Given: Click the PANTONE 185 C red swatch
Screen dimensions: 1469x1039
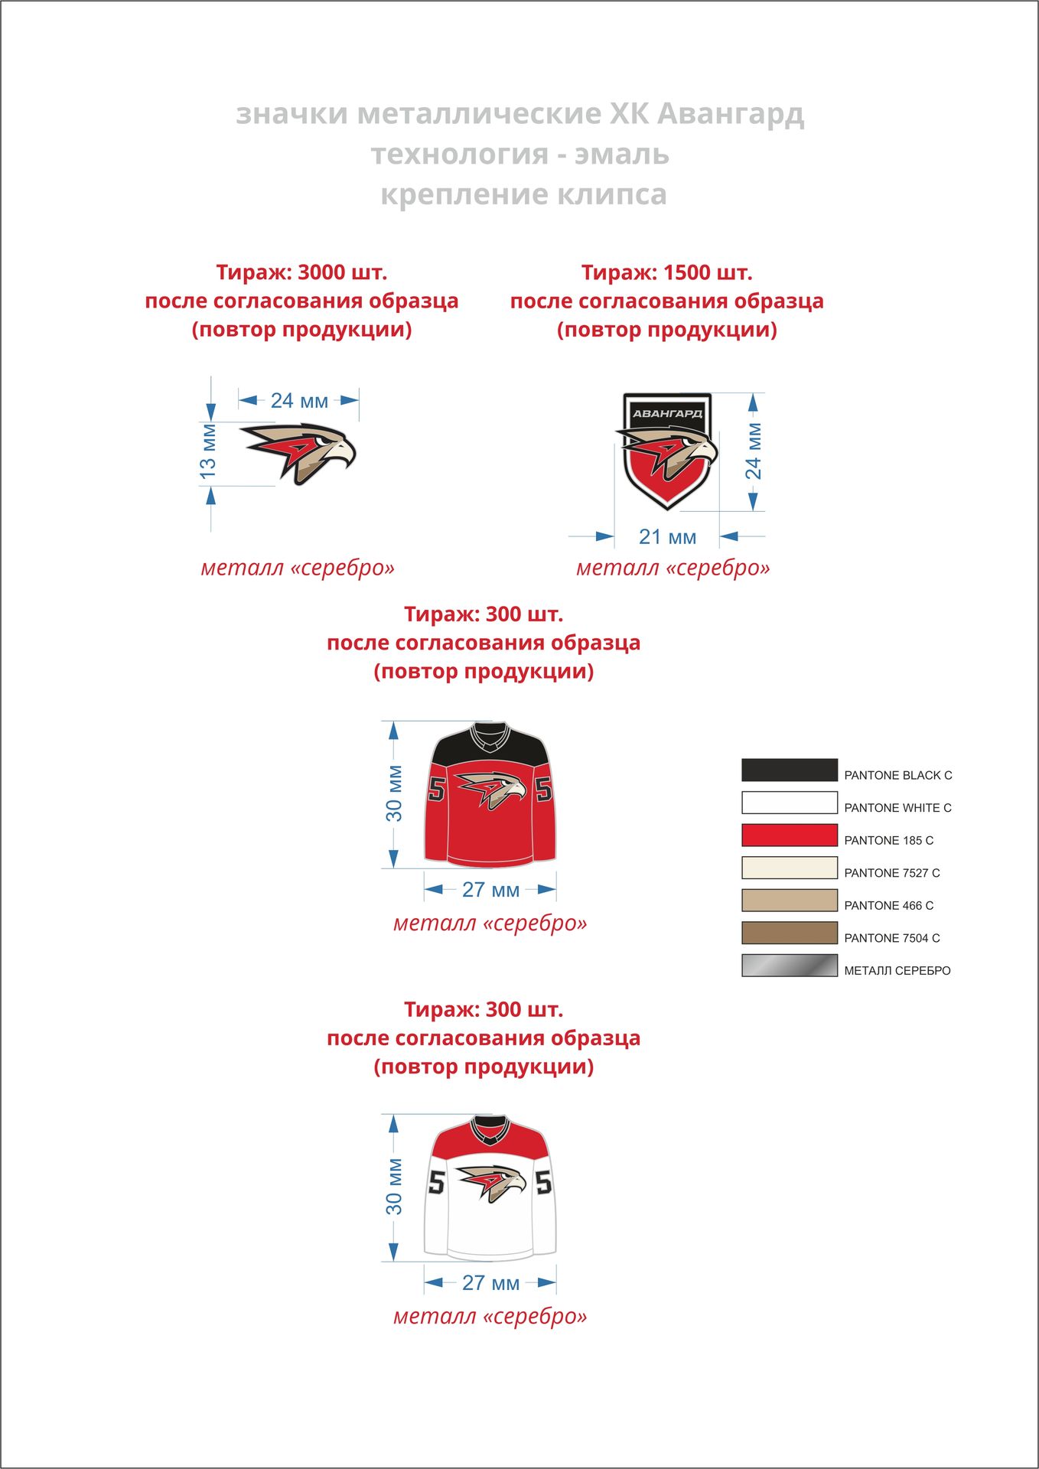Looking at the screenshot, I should pyautogui.click(x=789, y=835).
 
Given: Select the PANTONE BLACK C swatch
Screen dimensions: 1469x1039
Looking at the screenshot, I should pyautogui.click(x=789, y=770).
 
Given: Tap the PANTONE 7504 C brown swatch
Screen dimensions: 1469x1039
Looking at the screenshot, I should pyautogui.click(x=789, y=933).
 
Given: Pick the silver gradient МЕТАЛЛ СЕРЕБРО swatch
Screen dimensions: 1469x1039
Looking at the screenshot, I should pyautogui.click(x=789, y=966).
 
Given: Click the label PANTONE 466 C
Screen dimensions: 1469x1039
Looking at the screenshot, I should pyautogui.click(x=888, y=905).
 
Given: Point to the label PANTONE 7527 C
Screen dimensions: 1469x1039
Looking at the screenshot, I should pyautogui.click(x=891, y=873).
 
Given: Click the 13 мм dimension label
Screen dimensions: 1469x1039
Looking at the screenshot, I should pyautogui.click(x=208, y=451).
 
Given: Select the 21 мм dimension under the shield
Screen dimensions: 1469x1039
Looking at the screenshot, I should pyautogui.click(x=667, y=537).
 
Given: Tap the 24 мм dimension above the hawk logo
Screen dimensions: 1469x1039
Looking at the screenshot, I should pyautogui.click(x=299, y=400).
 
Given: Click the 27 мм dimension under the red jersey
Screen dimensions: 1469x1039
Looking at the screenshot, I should pyautogui.click(x=490, y=890).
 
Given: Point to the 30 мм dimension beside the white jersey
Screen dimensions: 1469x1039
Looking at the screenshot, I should pyautogui.click(x=394, y=1187).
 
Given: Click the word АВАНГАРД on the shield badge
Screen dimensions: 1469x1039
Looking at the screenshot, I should pyautogui.click(x=667, y=413).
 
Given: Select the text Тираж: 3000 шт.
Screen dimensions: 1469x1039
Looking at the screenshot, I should pyautogui.click(x=301, y=272).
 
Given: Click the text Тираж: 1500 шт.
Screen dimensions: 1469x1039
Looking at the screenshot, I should pyautogui.click(x=666, y=272).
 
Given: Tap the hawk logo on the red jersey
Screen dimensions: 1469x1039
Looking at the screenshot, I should pyautogui.click(x=490, y=789).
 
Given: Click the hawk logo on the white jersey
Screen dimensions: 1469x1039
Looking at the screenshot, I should pyautogui.click(x=491, y=1182).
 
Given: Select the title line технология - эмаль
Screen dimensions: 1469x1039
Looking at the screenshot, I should pyautogui.click(x=519, y=155).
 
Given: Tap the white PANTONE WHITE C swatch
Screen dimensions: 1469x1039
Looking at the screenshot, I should pyautogui.click(x=789, y=803).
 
